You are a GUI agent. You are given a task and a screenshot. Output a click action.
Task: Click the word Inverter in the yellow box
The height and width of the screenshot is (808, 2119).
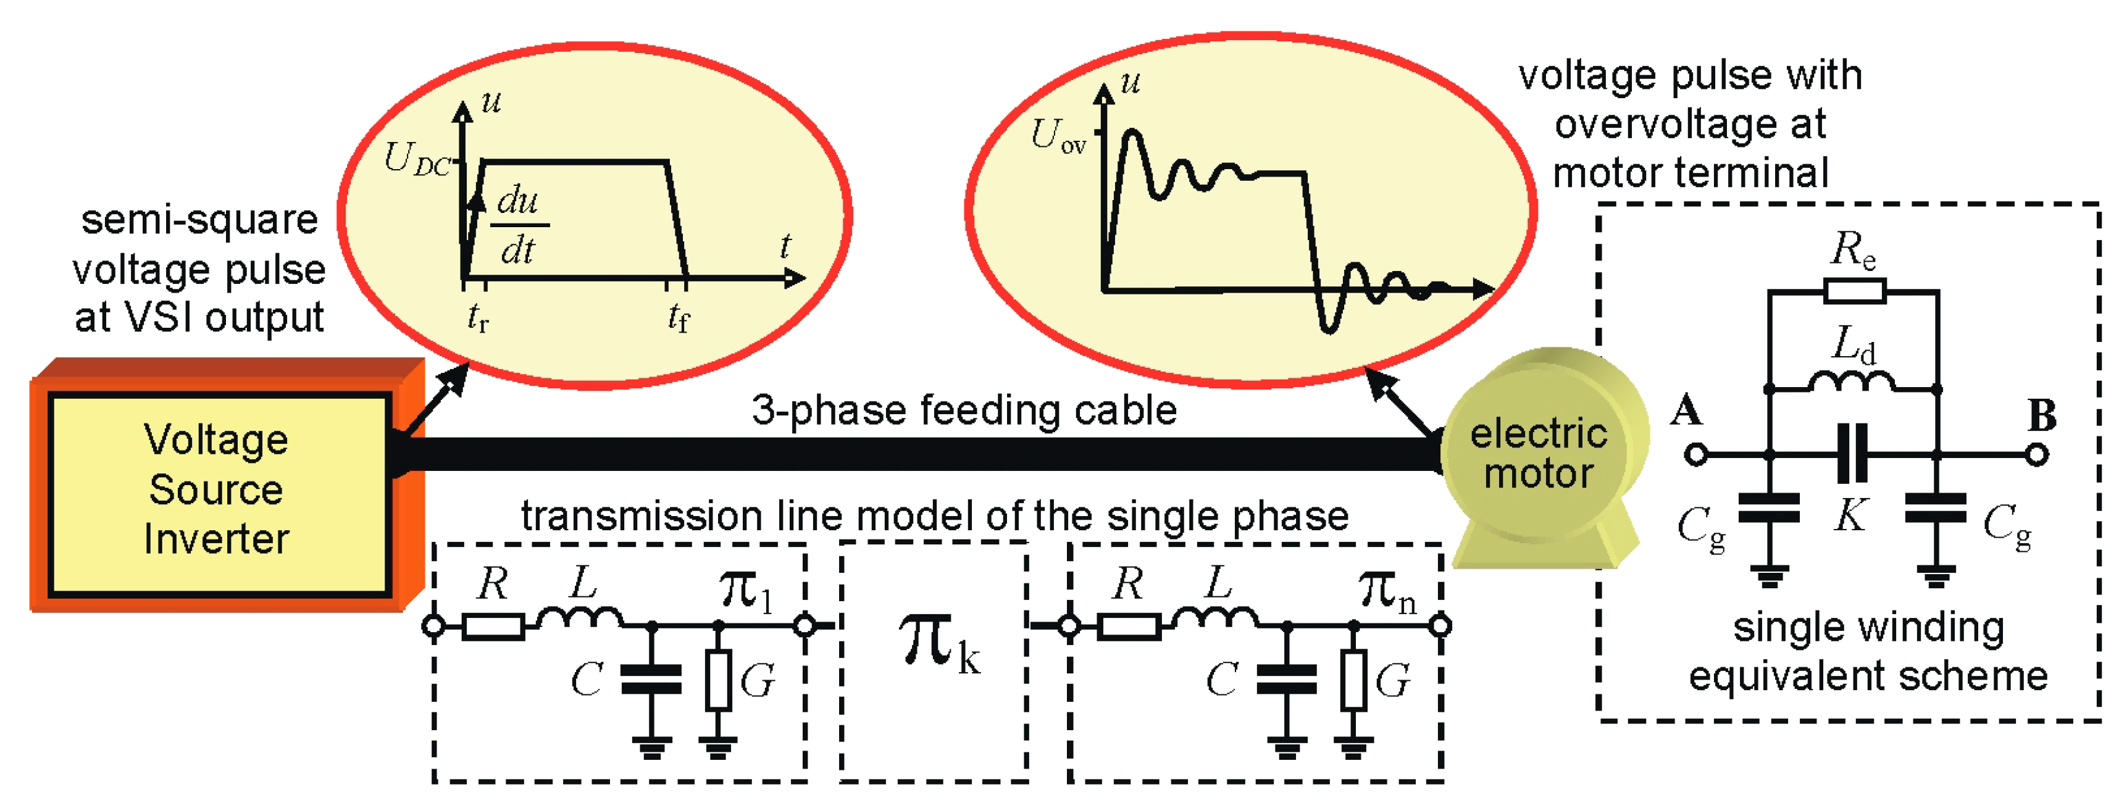[216, 539]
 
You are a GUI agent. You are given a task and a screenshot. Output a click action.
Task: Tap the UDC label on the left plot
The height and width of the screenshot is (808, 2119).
[417, 159]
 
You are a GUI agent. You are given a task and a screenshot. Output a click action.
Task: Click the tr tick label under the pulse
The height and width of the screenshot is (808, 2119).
[477, 317]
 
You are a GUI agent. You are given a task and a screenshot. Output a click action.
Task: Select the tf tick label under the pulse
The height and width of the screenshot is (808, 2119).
[678, 317]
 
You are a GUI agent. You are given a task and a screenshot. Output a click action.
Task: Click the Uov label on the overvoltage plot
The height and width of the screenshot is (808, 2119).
[1057, 136]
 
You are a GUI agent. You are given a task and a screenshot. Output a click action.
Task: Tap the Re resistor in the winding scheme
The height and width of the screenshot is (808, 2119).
[1854, 291]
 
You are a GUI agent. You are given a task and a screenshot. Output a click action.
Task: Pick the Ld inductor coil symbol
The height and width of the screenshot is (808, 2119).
[1852, 382]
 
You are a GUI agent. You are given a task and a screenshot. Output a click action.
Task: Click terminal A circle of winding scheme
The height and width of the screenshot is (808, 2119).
[1695, 454]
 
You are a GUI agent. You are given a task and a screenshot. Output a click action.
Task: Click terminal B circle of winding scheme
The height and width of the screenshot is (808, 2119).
[2037, 454]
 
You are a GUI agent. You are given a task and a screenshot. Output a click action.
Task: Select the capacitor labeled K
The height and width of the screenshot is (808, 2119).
[1852, 454]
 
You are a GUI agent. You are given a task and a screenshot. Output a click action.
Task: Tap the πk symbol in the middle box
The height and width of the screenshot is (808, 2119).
[938, 645]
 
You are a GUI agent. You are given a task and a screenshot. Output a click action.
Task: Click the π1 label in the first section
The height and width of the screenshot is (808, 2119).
[745, 590]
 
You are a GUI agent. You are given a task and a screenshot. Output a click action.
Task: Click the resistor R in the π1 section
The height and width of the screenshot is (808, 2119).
[493, 627]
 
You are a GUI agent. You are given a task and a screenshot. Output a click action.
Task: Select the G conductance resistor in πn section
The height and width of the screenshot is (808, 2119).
[1354, 679]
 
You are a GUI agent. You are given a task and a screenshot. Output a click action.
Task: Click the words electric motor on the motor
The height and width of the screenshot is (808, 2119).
[1538, 454]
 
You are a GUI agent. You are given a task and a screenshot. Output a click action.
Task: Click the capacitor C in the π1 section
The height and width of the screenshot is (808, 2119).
[651, 680]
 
